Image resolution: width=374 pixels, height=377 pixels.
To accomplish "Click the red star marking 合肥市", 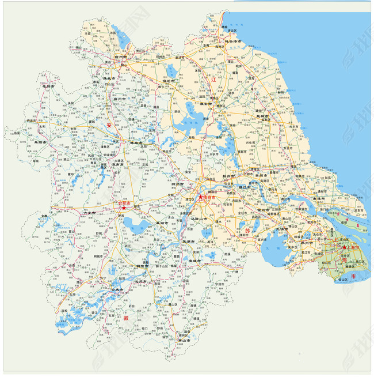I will (x=123, y=208).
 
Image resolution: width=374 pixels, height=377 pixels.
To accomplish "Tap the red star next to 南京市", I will (x=200, y=198).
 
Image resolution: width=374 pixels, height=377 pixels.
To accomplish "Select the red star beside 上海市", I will (x=344, y=248).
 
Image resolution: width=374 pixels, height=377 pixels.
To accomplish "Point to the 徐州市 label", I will (x=123, y=58).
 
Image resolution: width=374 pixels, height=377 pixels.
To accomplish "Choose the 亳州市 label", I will (x=50, y=86).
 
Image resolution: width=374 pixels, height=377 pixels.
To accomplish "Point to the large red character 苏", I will (x=249, y=231).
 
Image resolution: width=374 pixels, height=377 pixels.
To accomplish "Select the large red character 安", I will (x=108, y=125).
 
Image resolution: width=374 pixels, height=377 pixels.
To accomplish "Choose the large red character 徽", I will (x=125, y=317).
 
